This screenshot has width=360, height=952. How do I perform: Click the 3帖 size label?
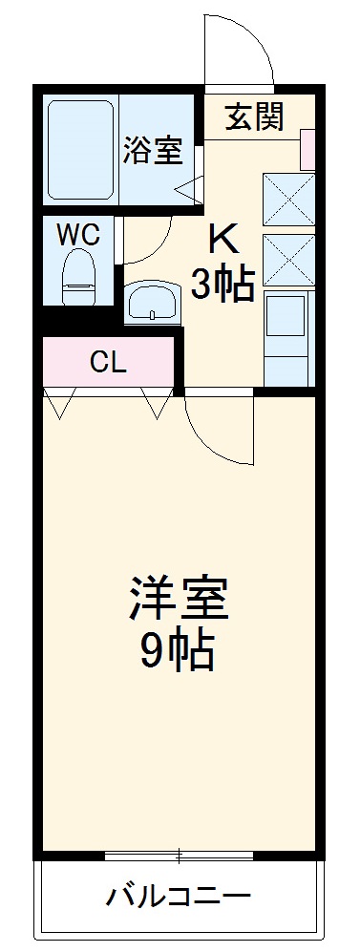(x=222, y=284)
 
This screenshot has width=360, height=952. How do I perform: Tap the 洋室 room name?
(x=179, y=600)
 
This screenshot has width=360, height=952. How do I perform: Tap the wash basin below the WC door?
(x=151, y=305)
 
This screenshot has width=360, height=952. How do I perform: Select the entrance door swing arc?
(x=239, y=48)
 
